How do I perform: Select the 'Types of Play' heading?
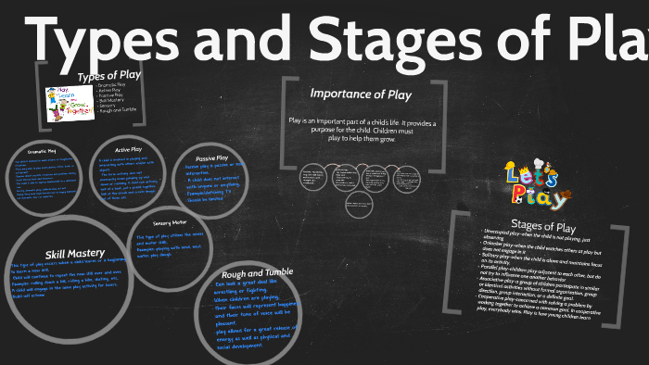point(104,76)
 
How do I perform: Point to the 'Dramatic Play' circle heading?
point(43,150)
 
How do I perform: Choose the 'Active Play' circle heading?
point(128,149)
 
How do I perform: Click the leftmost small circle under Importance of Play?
point(312,176)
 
